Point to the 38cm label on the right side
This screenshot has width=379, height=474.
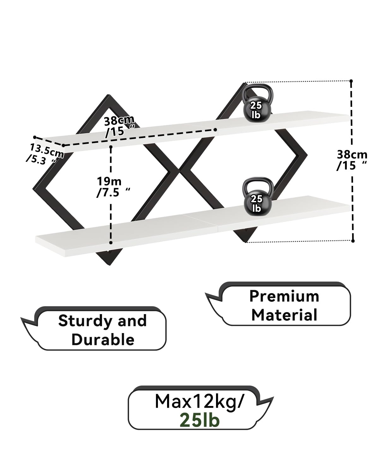[x=352, y=160]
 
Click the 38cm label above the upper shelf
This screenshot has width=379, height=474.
[x=119, y=126]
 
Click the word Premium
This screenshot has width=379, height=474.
[x=284, y=296]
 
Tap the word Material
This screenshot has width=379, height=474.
[x=284, y=315]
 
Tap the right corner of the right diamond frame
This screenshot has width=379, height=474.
[x=307, y=155]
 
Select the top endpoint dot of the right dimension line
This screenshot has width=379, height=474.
[x=351, y=81]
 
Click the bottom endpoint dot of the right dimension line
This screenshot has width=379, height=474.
[x=353, y=241]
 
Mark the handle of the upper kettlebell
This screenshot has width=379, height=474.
[x=257, y=91]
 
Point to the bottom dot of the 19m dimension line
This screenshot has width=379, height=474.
[x=111, y=242]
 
